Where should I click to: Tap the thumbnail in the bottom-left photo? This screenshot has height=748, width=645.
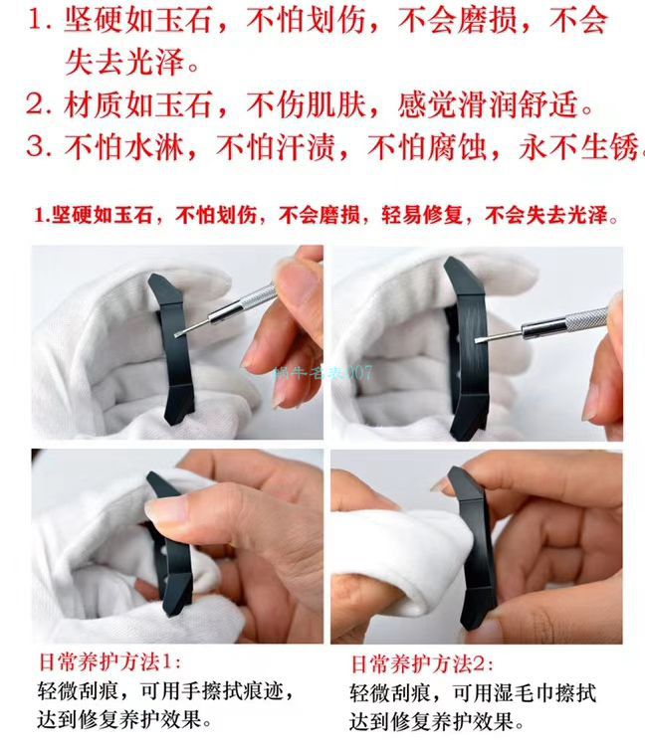[164, 510]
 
